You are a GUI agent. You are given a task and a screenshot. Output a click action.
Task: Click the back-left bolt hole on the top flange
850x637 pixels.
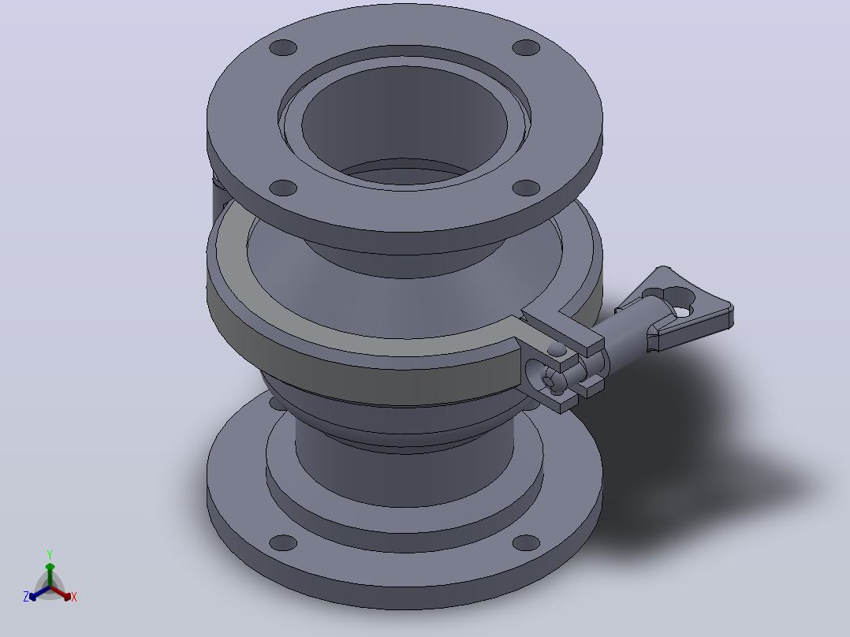(x=283, y=48)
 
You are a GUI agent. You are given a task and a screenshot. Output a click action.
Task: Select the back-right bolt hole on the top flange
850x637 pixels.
(x=526, y=48)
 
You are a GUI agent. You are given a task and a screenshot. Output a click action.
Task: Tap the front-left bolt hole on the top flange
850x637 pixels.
(x=283, y=188)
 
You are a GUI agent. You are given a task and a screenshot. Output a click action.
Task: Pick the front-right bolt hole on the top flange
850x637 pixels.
(x=526, y=188)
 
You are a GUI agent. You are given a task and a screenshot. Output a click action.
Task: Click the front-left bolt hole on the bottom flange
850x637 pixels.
(x=283, y=542)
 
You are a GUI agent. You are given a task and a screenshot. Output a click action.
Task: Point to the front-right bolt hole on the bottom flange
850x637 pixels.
(x=526, y=542)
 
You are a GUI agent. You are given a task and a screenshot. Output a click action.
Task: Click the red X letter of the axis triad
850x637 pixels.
(x=74, y=597)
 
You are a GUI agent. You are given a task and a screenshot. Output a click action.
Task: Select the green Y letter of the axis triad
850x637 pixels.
(x=50, y=554)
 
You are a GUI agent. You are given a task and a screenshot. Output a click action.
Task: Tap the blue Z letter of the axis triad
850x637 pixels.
(x=26, y=597)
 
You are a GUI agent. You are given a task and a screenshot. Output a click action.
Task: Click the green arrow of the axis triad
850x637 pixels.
(x=50, y=575)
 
